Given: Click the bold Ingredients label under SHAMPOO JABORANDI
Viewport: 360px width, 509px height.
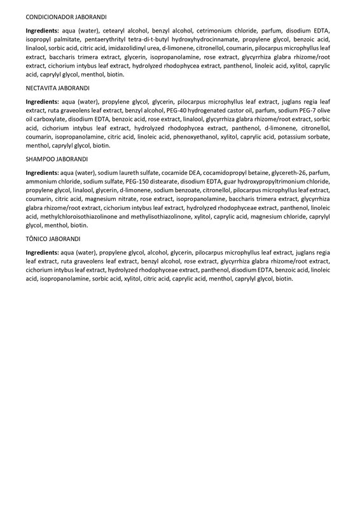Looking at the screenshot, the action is [42, 172].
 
